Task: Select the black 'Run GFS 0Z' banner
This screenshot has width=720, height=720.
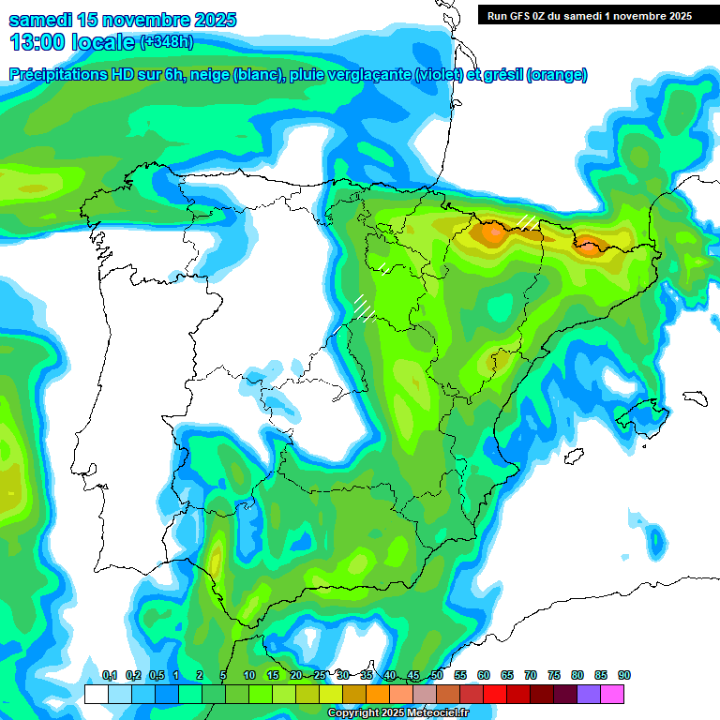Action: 585,15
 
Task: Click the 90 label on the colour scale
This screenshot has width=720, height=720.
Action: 624,675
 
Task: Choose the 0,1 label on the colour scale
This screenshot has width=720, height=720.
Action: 110,675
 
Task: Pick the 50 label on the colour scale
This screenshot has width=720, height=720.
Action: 437,675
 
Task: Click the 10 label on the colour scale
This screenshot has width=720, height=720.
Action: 249,675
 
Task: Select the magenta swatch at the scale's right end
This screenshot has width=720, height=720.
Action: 612,694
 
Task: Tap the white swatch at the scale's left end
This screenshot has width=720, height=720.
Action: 96,694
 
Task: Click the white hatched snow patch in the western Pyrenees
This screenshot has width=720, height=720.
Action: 528,221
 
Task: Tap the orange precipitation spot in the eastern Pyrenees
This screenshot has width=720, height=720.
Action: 589,247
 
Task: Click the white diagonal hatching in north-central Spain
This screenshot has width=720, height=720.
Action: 363,307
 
